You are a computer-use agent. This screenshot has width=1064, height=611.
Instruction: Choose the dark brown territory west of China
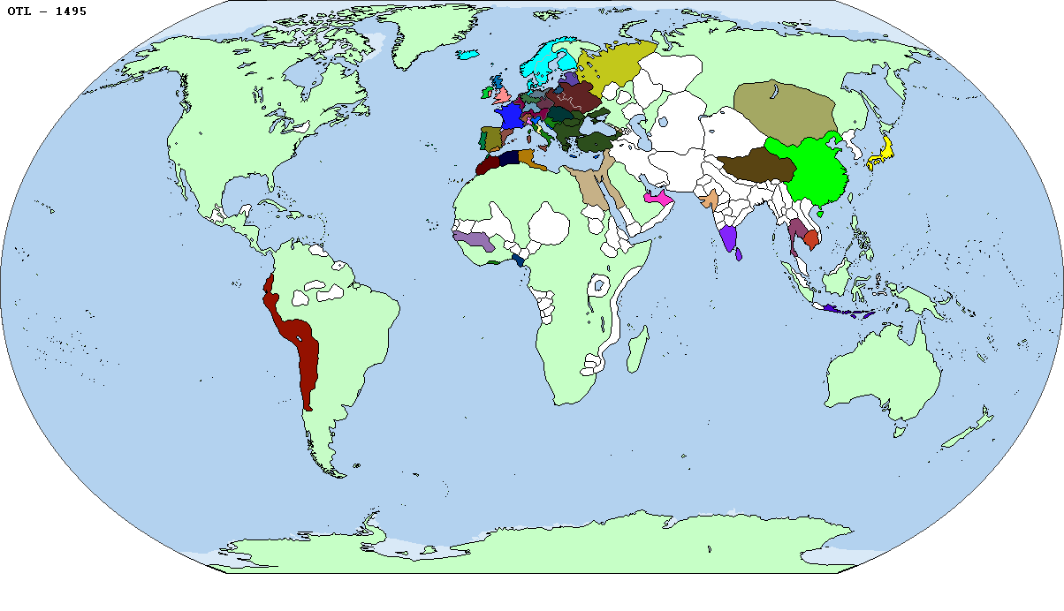click(x=751, y=165)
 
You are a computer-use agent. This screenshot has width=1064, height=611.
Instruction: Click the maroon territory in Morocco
click(x=487, y=165)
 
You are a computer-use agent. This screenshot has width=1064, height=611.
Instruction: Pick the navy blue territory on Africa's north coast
click(x=509, y=159)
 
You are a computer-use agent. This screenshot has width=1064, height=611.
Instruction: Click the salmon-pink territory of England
click(x=501, y=95)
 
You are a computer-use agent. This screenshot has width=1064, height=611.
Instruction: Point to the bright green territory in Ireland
click(x=485, y=91)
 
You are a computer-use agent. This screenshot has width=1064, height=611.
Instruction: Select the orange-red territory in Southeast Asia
click(x=811, y=239)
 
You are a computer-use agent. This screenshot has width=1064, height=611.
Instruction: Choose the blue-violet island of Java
click(x=844, y=310)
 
